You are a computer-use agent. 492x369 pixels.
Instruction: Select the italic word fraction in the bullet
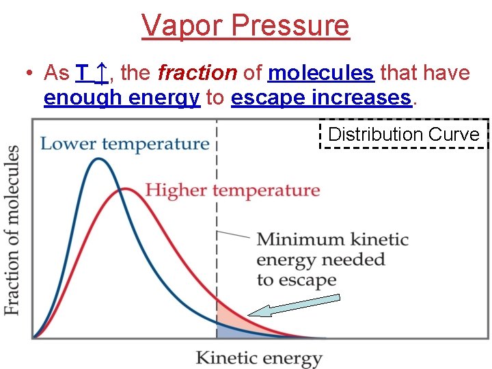[197, 72]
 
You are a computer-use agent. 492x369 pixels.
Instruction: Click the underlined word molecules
[321, 72]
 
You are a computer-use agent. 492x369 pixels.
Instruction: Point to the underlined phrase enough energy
[121, 98]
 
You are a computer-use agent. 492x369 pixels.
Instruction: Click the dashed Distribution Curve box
[404, 134]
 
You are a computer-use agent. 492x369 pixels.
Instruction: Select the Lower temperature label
[124, 143]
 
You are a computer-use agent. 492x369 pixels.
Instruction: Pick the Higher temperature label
[232, 190]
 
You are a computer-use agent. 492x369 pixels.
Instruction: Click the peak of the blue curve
[99, 159]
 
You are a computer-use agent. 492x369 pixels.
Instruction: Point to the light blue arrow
[294, 305]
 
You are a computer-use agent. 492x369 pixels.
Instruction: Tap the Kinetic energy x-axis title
[258, 357]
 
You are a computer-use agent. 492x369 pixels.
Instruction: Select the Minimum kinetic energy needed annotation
[331, 260]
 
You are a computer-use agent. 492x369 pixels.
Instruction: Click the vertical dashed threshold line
[217, 205]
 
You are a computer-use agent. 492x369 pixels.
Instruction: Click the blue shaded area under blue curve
[225, 331]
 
